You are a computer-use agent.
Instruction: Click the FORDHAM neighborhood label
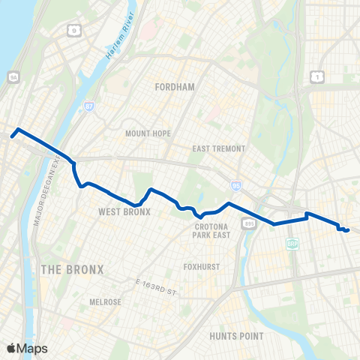174,87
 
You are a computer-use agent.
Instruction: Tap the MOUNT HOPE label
148,133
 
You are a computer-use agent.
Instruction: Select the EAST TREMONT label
219,148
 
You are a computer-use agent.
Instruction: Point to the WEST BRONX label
124,212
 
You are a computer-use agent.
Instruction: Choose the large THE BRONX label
72,269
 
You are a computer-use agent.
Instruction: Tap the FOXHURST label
200,266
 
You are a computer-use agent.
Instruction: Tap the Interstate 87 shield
89,107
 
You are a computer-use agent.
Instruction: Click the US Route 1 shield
318,76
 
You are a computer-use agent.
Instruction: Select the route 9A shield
11,76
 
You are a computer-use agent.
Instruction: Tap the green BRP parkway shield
292,244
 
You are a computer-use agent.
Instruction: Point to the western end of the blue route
13,136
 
